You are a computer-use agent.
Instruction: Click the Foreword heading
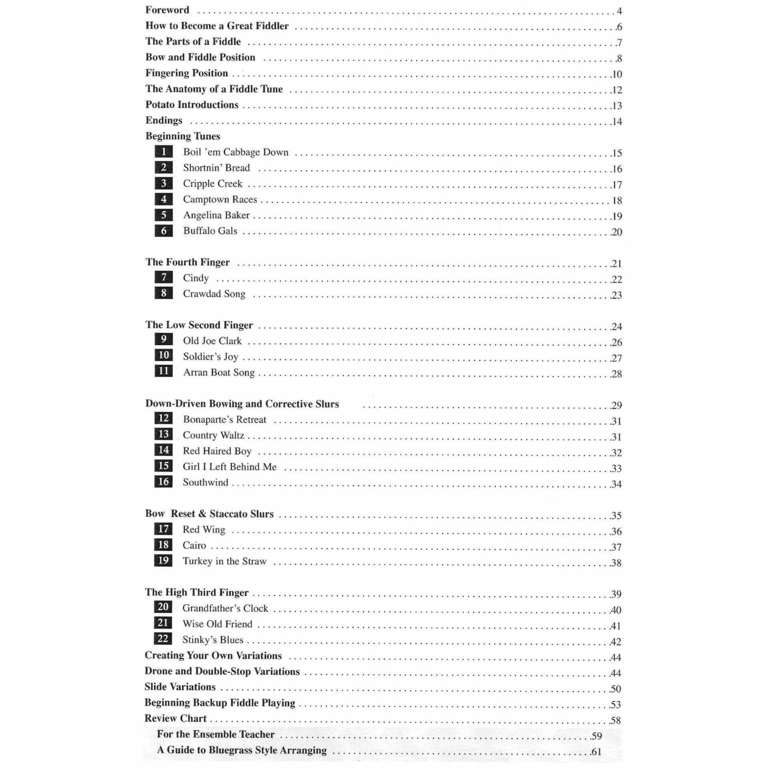click(167, 10)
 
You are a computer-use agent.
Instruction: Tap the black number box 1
click(164, 152)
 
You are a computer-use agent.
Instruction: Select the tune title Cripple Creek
click(212, 184)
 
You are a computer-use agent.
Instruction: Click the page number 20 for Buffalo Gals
click(616, 232)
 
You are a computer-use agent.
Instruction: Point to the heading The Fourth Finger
click(187, 262)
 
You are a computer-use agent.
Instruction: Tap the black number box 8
click(164, 293)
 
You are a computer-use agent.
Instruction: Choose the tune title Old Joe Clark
click(212, 341)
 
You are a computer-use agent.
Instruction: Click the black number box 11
click(164, 371)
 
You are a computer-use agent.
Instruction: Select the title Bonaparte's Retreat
click(224, 420)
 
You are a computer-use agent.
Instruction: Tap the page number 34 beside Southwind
click(616, 484)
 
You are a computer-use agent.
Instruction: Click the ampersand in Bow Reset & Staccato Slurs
click(202, 514)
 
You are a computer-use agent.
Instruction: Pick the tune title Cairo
click(194, 545)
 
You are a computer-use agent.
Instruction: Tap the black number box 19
click(163, 560)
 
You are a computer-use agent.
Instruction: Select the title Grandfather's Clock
click(225, 608)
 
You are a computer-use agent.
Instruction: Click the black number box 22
click(163, 639)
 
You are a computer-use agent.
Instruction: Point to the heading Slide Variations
click(180, 687)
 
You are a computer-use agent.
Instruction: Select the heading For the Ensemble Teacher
click(216, 734)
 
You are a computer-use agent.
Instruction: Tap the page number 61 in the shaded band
click(596, 752)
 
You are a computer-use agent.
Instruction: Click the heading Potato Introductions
click(192, 105)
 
